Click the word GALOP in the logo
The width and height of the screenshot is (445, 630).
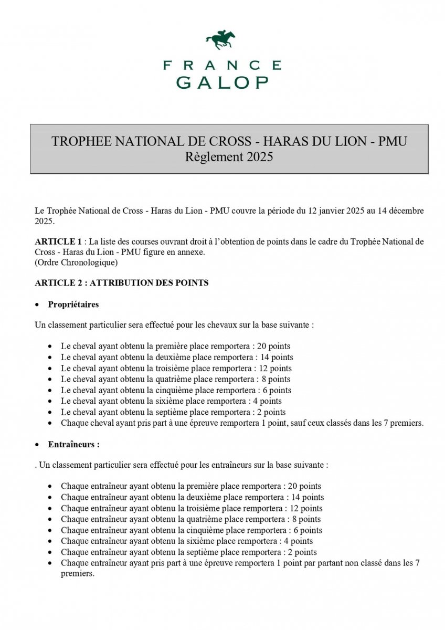point(222,82)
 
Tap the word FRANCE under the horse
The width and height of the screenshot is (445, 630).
point(222,65)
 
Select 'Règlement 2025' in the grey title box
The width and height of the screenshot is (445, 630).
point(229,156)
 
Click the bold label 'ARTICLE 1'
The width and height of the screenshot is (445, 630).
point(58,241)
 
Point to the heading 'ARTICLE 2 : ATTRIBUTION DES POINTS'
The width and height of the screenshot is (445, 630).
point(122,283)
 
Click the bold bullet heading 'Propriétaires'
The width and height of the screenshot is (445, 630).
point(73,304)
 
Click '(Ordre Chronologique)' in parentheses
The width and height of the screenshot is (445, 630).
point(76,262)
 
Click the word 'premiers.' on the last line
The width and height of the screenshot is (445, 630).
point(78,574)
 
